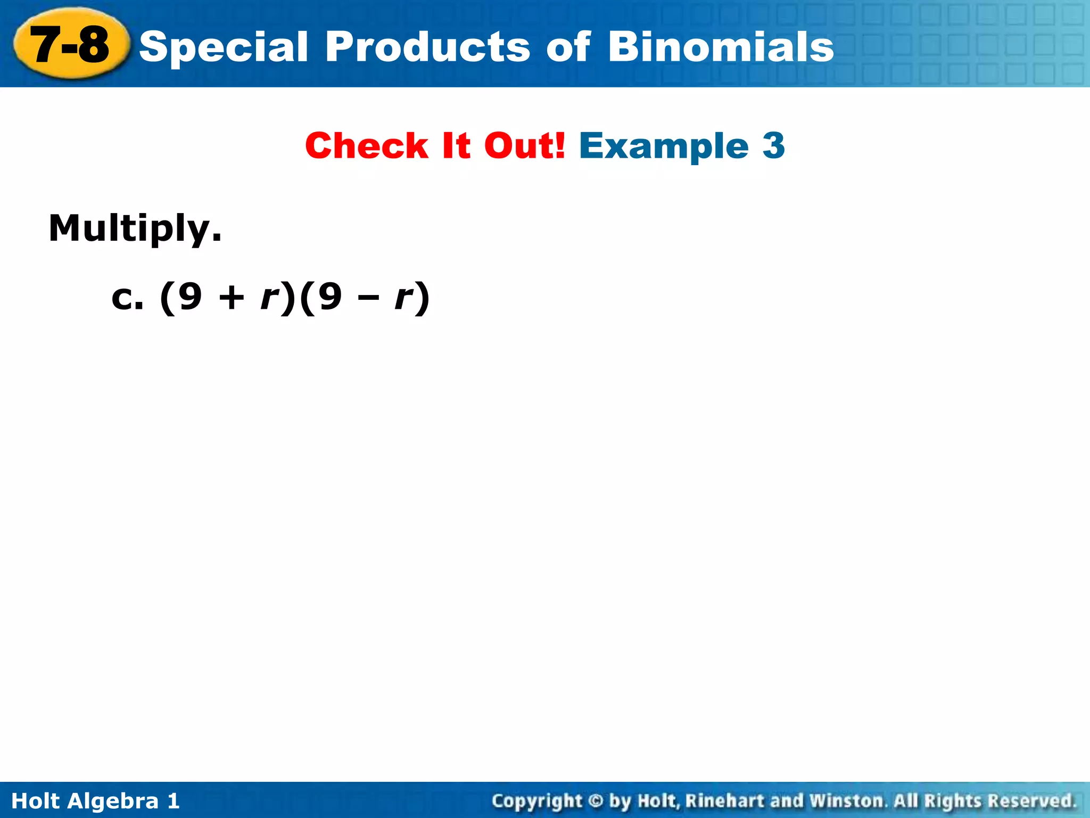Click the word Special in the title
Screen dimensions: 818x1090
(224, 47)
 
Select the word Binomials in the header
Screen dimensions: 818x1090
(721, 47)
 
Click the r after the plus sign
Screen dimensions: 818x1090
(269, 298)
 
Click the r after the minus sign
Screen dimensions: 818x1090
(404, 298)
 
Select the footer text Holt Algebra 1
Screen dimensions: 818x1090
(96, 801)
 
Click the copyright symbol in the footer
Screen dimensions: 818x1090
(596, 801)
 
